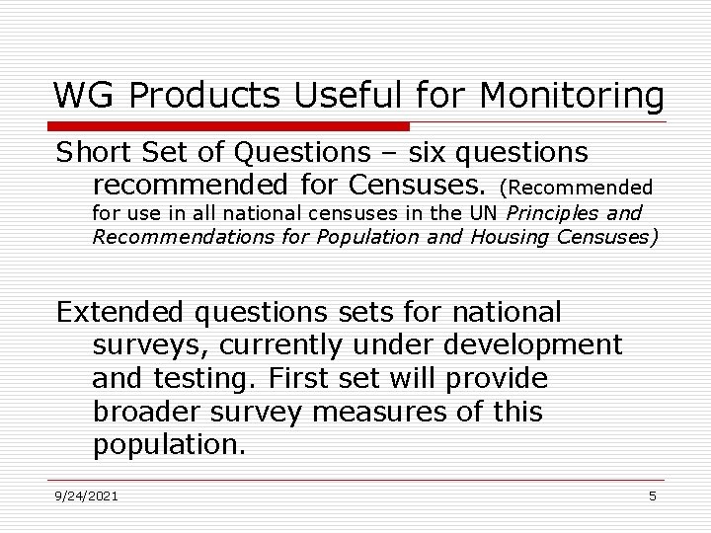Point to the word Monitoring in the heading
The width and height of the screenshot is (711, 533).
click(572, 97)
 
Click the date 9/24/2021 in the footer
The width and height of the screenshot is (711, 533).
click(87, 495)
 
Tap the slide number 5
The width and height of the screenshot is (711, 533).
click(653, 495)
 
